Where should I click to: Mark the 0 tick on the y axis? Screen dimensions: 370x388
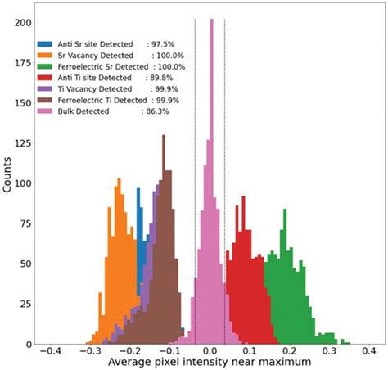[25, 344]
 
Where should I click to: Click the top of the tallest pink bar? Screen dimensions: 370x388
[211, 21]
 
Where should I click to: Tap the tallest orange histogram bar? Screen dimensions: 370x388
[118, 177]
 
